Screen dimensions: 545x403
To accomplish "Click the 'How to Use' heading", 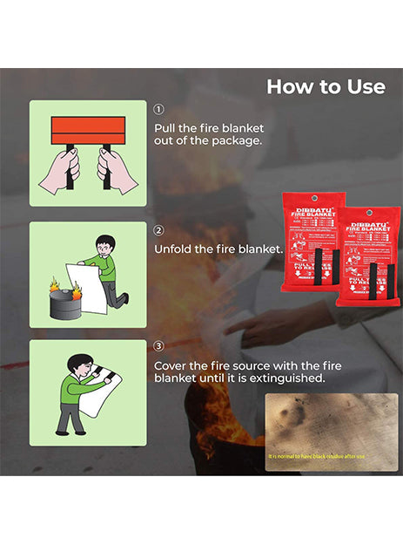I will point(325,86).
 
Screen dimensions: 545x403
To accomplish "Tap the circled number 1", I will point(158,110).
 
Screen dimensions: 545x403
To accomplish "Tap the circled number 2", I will point(158,231).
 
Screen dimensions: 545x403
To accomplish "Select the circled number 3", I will point(158,348).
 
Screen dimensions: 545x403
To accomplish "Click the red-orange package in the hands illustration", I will point(88,132).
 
